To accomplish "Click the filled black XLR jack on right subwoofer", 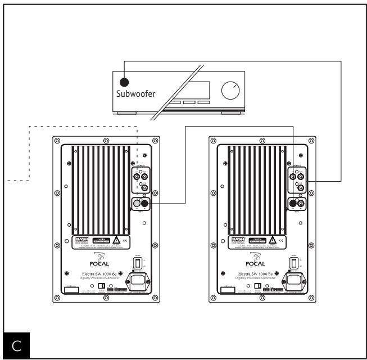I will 293,203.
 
